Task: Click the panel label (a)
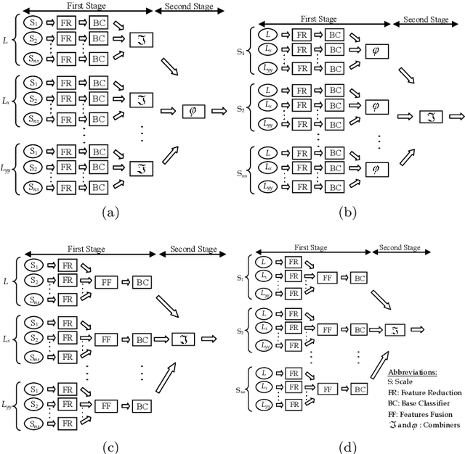pyautogui.click(x=110, y=212)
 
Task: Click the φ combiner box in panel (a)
pyautogui.click(x=194, y=112)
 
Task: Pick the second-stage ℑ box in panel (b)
pyautogui.click(x=432, y=116)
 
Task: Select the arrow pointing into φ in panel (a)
pyautogui.click(x=167, y=112)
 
